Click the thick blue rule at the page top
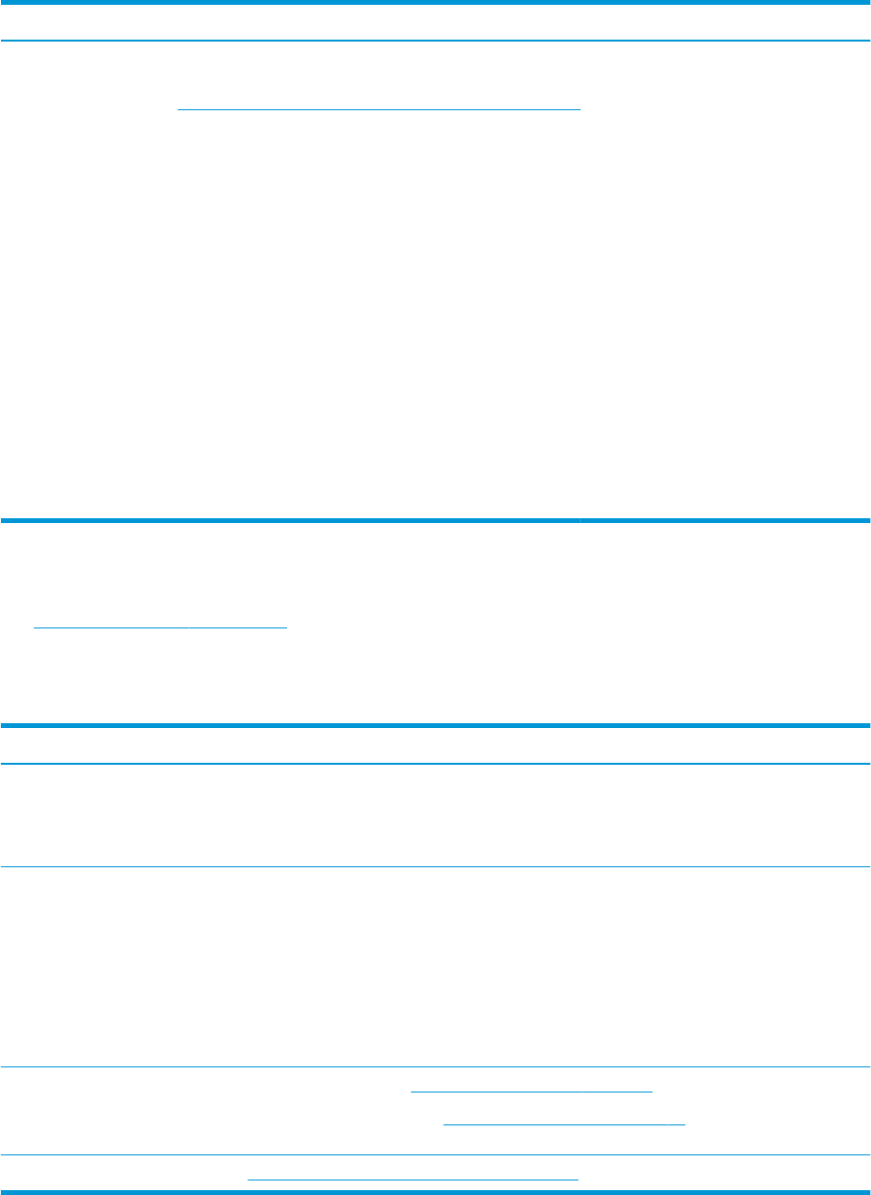pos(435,2)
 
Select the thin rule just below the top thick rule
pos(435,41)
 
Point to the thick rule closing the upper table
pos(435,521)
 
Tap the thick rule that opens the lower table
pos(435,725)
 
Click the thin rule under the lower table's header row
pos(435,764)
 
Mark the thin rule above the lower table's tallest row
pos(435,866)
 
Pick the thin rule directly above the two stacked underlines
pos(435,1066)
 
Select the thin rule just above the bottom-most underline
pos(435,1155)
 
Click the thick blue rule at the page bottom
pos(435,1192)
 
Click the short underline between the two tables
pos(160,627)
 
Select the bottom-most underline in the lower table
pos(413,1180)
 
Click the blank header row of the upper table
pos(435,21)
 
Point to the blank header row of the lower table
pos(435,744)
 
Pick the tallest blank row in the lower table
pos(435,967)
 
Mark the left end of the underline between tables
pos(35,627)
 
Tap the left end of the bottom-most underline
pos(249,1180)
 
